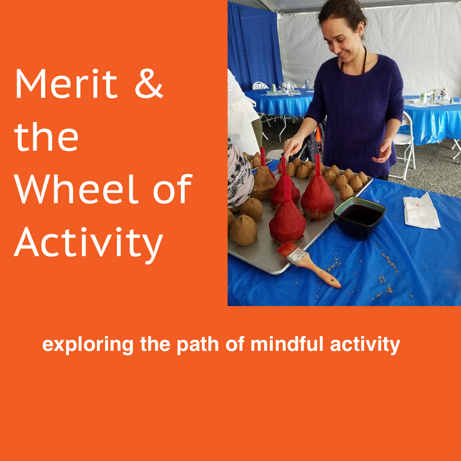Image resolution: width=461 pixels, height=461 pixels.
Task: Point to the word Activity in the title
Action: pos(89,243)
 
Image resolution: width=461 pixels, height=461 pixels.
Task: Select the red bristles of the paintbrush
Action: pos(287,249)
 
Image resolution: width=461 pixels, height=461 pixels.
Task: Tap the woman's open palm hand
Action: pos(383,152)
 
